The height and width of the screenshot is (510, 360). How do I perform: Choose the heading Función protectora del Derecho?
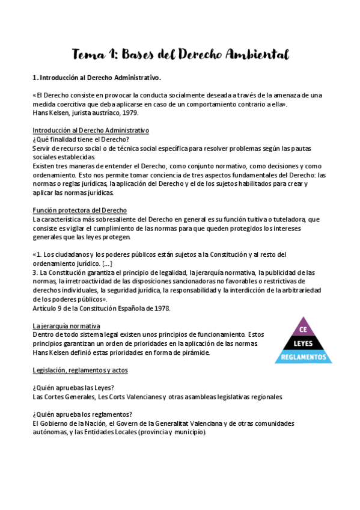(79, 210)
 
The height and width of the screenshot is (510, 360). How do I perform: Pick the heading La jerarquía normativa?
(66, 325)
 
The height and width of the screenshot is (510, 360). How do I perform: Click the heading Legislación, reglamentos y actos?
(80, 370)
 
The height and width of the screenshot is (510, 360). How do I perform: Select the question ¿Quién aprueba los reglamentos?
(82, 414)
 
